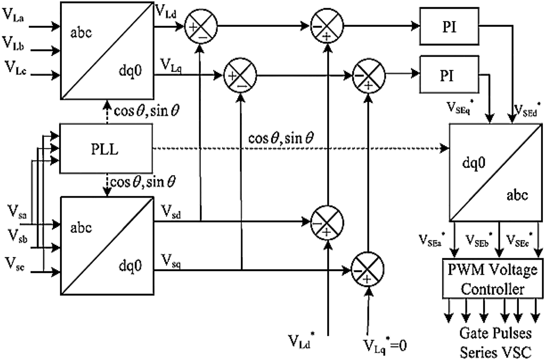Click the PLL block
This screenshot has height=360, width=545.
(106, 148)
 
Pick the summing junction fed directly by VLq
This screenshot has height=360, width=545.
(240, 75)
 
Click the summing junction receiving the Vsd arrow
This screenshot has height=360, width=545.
(327, 222)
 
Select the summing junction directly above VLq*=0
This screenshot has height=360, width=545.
(368, 270)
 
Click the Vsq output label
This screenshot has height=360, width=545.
(172, 259)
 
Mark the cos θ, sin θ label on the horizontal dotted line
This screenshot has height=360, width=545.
(281, 138)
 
